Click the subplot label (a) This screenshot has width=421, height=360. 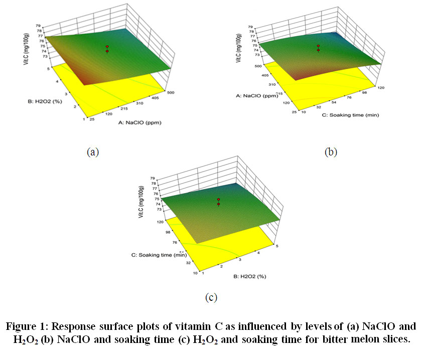pos(91,151)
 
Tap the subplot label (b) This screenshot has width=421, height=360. pos(330,151)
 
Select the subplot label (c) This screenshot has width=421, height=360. pos(210,297)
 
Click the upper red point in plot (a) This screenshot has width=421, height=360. pos(107,47)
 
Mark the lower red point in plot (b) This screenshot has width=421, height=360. pos(318,50)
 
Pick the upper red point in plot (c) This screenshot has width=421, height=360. pos(218,200)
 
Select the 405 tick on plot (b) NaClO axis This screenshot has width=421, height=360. pos(259,75)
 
